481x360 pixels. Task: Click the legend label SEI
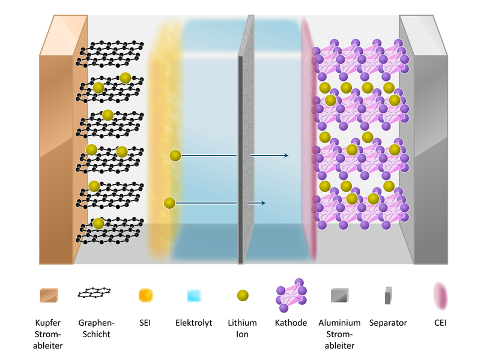point(145,323)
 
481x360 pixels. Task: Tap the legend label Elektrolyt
point(193,323)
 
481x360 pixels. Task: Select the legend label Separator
point(388,323)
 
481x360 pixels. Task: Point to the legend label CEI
point(440,323)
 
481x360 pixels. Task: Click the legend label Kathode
point(291,323)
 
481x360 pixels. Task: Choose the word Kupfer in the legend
point(48,323)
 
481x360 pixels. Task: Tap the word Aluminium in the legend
point(339,323)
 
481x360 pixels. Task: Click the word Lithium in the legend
point(242,323)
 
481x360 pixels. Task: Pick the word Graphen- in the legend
point(96,323)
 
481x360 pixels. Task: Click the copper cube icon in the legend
point(49,295)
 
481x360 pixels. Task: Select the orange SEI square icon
point(145,295)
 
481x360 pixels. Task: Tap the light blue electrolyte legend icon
point(194,296)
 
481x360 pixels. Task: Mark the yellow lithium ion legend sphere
point(243,295)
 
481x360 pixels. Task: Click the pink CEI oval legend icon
point(440,296)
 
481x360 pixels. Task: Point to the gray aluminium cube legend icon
point(340,295)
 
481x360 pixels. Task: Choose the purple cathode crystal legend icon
point(291,295)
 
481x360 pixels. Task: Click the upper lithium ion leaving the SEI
point(175,155)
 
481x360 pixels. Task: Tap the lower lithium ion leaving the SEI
point(169,203)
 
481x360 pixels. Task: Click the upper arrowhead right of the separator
point(286,155)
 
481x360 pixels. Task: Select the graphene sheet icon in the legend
point(94,293)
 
